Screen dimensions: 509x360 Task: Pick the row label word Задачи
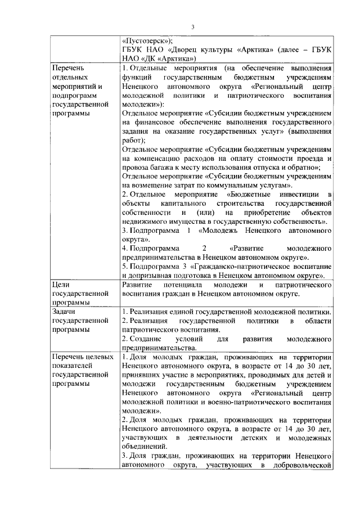(65, 312)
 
